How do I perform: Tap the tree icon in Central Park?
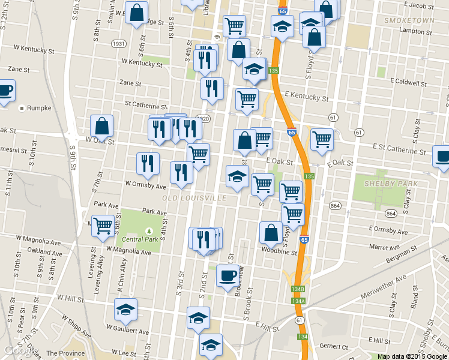click(149, 230)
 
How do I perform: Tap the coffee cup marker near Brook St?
click(226, 276)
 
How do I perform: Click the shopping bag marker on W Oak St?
click(102, 127)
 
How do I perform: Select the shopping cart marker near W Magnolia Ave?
click(103, 226)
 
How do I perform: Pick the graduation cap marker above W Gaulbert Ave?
click(126, 310)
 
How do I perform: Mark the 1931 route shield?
click(118, 44)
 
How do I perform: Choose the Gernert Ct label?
click(334, 347)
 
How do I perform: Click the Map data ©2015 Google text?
click(413, 356)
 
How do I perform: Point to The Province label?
click(64, 354)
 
